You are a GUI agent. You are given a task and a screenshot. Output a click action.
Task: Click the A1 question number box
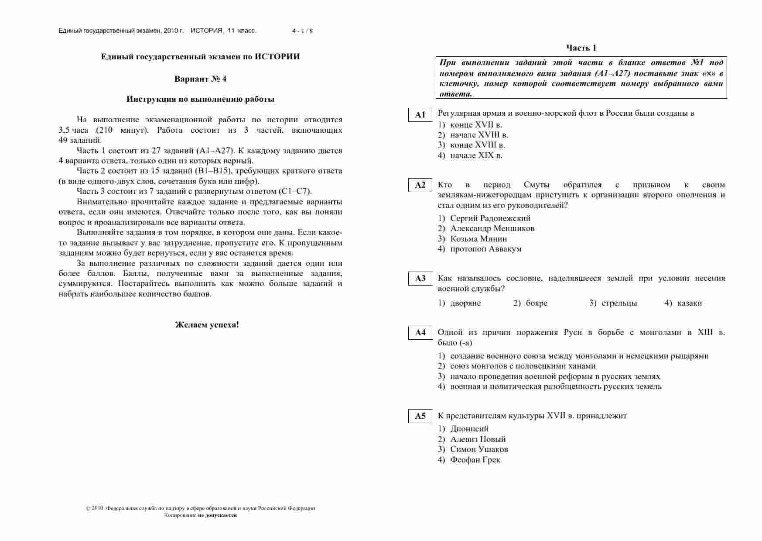[420, 115]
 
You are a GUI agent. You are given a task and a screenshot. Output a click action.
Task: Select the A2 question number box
[420, 185]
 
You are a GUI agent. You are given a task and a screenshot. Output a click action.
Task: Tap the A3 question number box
[420, 279]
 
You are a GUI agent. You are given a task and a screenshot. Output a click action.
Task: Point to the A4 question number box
[420, 333]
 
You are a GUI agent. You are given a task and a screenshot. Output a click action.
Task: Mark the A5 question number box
[420, 416]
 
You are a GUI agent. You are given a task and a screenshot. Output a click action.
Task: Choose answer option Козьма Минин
[478, 239]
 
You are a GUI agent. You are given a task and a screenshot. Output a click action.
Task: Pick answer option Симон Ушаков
[479, 449]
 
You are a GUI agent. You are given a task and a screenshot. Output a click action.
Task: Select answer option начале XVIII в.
[479, 135]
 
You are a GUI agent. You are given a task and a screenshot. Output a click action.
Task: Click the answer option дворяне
[465, 303]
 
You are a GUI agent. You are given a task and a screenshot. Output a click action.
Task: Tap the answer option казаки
[690, 303]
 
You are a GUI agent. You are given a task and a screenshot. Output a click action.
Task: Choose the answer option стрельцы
[619, 303]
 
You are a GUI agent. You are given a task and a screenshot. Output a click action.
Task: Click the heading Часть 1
[581, 48]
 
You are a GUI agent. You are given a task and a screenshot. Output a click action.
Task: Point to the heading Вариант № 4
[200, 79]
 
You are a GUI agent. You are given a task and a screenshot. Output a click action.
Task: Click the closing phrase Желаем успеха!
[207, 325]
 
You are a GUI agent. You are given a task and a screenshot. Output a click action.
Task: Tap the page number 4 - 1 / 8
[302, 31]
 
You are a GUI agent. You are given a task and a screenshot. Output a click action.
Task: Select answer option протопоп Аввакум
[485, 249]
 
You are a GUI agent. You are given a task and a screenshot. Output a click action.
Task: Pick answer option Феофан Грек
[475, 460]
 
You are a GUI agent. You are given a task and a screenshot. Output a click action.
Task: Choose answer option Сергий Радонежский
[490, 218]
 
